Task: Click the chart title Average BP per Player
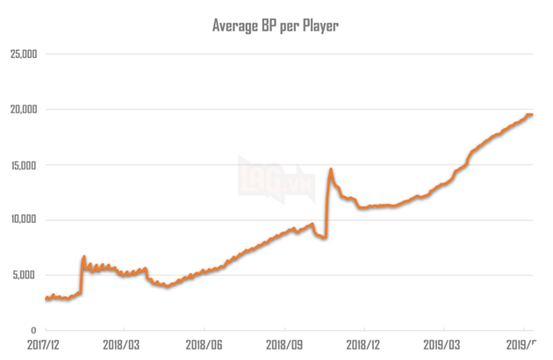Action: pyautogui.click(x=276, y=25)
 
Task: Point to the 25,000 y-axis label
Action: pyautogui.click(x=22, y=54)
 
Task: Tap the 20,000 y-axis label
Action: pyautogui.click(x=22, y=110)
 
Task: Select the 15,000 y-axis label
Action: pyautogui.click(x=22, y=165)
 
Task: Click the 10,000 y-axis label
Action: pyautogui.click(x=22, y=220)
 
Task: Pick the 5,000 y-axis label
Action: pyautogui.click(x=25, y=275)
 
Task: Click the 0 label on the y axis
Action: pyautogui.click(x=33, y=330)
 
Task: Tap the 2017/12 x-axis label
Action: pyautogui.click(x=45, y=347)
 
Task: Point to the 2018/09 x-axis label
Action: pyautogui.click(x=284, y=347)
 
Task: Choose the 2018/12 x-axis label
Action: pyautogui.click(x=363, y=347)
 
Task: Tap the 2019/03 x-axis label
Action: pyautogui.click(x=442, y=347)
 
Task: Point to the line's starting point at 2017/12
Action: pyautogui.click(x=46, y=299)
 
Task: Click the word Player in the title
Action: pyautogui.click(x=320, y=25)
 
